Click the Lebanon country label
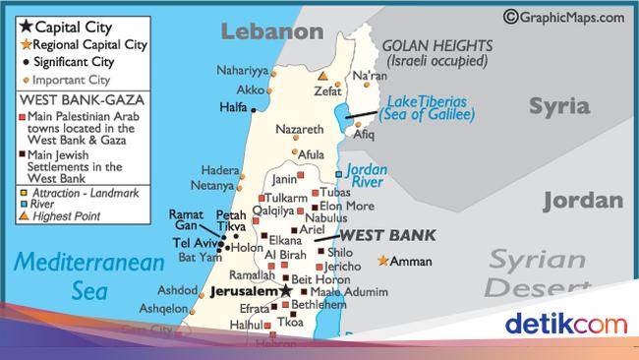271,32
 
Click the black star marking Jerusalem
285,292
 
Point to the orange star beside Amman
382,261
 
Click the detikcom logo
565,325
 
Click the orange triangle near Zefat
323,75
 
